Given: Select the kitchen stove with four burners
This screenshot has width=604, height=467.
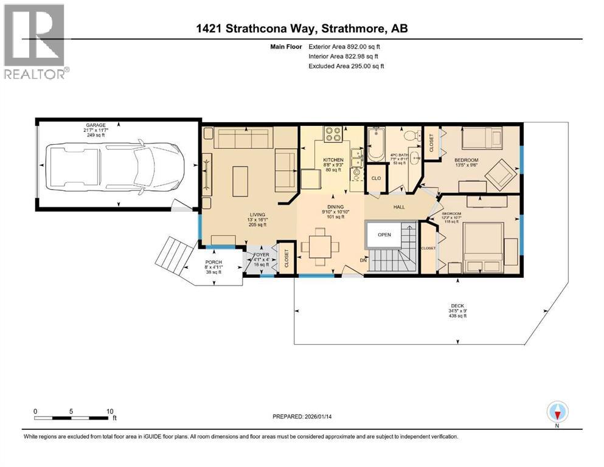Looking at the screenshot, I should [333, 134].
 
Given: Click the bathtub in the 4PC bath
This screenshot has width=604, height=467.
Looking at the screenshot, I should [375, 145].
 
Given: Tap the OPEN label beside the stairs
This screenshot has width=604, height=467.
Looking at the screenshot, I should [384, 234].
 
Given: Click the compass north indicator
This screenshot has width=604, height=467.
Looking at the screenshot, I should [557, 413].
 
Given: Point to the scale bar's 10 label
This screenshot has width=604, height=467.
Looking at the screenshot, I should [109, 411].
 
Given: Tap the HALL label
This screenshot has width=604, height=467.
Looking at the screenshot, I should [399, 207].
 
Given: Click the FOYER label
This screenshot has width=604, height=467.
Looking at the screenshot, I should [261, 255].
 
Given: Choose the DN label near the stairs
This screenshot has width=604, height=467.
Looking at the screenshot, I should [364, 260].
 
